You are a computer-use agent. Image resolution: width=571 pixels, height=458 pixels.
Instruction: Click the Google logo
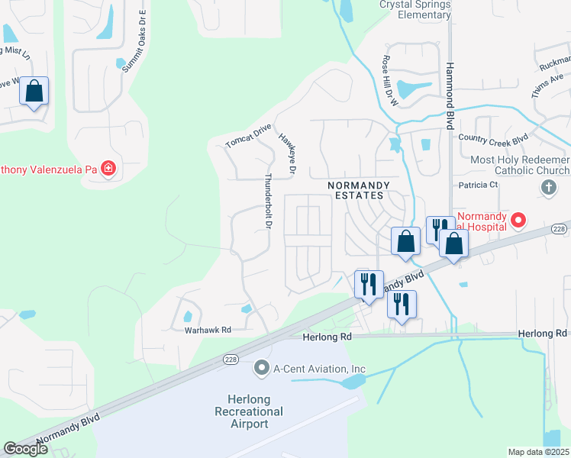[x=25, y=449]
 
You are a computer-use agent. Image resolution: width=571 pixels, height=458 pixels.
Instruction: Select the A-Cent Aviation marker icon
[x=262, y=369]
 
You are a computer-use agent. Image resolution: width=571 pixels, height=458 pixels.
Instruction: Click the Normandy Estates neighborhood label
[x=358, y=190]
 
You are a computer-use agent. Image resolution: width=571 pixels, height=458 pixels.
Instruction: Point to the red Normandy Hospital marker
[x=519, y=221]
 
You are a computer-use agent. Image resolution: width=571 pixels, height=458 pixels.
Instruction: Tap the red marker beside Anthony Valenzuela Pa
[x=108, y=168]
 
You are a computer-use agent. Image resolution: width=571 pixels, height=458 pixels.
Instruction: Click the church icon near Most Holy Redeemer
[x=547, y=187]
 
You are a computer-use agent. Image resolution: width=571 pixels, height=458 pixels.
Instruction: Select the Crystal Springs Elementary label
[x=415, y=9]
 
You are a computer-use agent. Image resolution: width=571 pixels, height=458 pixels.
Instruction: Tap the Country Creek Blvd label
[x=493, y=138]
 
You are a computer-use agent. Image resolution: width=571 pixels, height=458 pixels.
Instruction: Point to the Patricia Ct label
[x=478, y=185]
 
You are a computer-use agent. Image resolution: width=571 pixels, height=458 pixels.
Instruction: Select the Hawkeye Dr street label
[x=286, y=150]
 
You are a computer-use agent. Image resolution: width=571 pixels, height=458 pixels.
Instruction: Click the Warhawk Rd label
[x=208, y=330]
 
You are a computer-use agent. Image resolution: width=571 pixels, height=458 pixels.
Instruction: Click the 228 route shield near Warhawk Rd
[x=230, y=359]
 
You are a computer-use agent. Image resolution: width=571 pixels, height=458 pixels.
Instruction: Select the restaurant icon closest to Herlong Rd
[x=400, y=304]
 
